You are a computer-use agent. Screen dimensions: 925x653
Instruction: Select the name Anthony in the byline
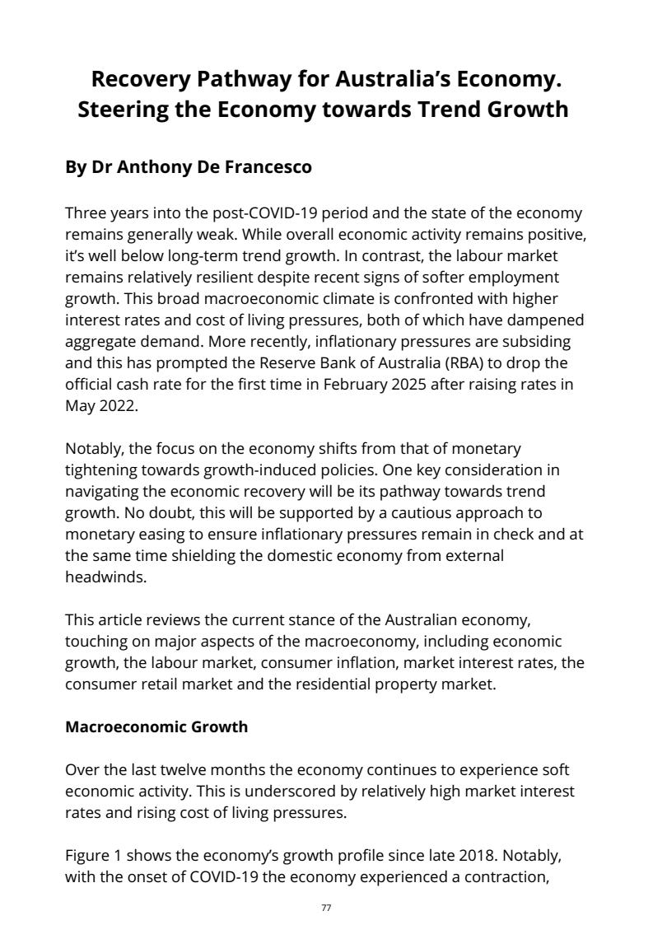pyautogui.click(x=158, y=167)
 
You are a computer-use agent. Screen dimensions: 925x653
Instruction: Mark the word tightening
pyautogui.click(x=102, y=470)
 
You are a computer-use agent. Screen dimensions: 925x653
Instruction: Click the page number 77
pyautogui.click(x=326, y=908)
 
